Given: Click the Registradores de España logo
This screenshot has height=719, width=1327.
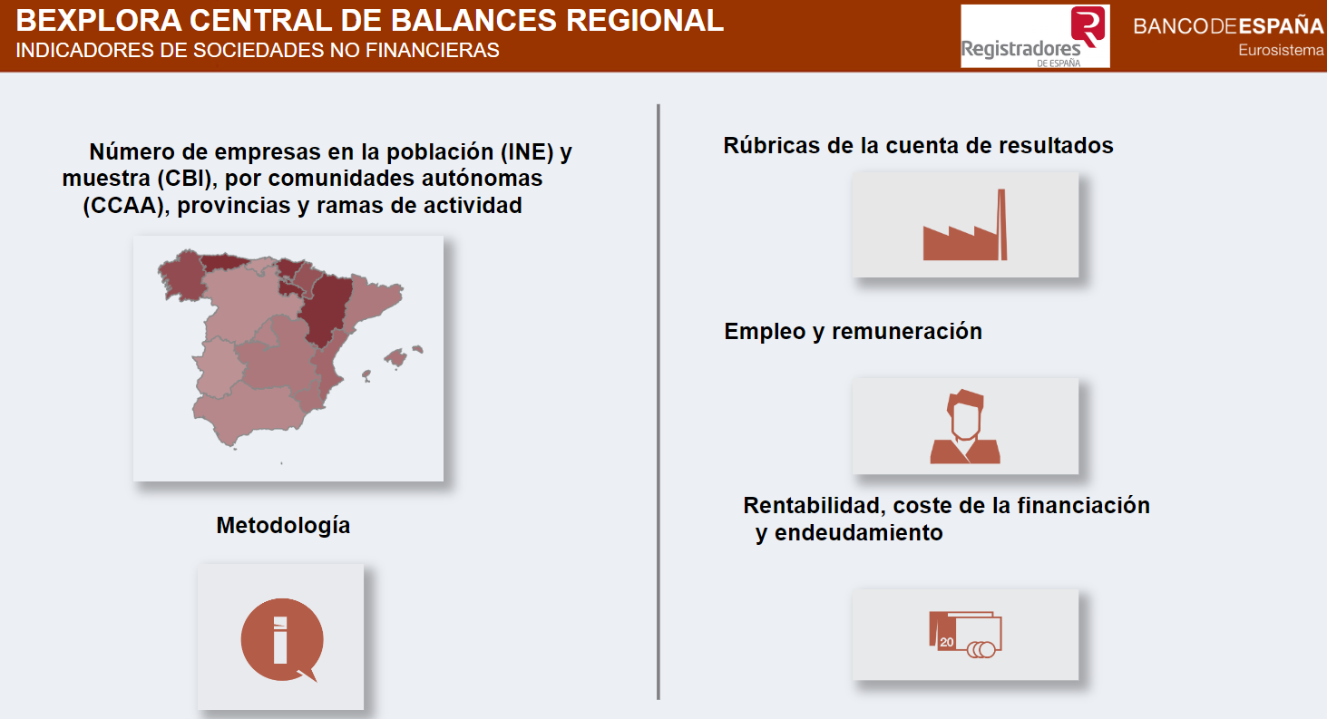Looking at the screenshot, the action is (1035, 36).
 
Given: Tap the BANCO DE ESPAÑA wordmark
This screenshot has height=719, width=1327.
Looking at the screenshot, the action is (1228, 26).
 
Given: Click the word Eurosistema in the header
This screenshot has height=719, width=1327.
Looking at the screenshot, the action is (1281, 51).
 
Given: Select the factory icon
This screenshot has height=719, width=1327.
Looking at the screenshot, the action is (965, 225).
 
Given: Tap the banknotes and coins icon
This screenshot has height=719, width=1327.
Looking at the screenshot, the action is (965, 635).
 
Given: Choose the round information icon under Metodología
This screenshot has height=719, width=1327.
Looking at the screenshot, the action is (282, 639).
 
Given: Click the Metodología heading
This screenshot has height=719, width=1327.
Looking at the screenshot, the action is (283, 525).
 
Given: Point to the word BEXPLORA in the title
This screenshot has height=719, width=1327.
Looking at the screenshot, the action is (99, 21).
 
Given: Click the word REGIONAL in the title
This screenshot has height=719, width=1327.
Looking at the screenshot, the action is (645, 21).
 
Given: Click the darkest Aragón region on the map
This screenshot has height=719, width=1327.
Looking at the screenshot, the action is (326, 308).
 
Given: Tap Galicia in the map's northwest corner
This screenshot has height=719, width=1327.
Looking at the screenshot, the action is (183, 274).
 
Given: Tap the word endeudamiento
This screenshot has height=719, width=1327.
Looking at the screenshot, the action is (858, 532).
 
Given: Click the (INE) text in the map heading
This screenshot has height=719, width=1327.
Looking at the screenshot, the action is (527, 152).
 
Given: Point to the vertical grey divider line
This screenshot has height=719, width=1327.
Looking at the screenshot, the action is (659, 403).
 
